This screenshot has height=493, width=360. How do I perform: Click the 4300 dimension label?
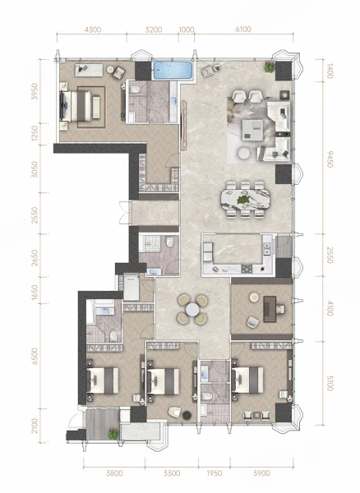(93, 30)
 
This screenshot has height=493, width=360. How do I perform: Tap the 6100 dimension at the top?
(243, 30)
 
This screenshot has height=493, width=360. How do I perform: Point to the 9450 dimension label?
(330, 159)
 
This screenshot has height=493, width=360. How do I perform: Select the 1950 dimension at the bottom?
(214, 473)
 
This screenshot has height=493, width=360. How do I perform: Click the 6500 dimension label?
(35, 356)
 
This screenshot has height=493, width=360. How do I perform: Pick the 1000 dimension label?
(187, 30)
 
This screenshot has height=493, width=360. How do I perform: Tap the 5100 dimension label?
(330, 383)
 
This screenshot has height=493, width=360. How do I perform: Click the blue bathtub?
(173, 70)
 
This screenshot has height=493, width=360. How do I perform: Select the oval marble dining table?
(245, 199)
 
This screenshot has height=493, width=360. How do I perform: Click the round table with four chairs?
(192, 310)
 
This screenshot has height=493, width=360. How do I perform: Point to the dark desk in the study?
(270, 309)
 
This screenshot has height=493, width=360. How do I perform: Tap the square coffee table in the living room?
(252, 130)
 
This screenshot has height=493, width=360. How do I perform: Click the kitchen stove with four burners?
(247, 269)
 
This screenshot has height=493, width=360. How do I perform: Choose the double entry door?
(124, 212)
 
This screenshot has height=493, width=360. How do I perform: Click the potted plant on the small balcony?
(113, 433)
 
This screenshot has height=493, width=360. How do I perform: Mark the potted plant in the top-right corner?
(269, 67)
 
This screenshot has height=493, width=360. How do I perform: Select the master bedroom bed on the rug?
(81, 106)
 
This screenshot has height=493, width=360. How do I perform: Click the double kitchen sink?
(266, 248)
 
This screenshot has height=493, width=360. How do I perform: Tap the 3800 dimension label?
(114, 473)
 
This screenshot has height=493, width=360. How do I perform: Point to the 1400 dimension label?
(330, 71)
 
